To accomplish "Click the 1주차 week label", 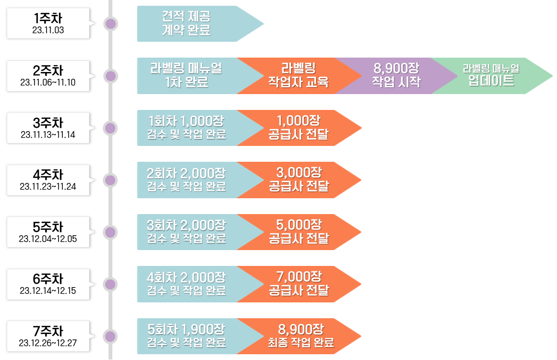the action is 48,18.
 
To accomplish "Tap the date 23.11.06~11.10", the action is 48,83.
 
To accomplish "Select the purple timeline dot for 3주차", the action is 111,128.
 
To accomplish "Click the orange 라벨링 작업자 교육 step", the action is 298,75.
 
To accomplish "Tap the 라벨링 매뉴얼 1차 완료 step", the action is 186,75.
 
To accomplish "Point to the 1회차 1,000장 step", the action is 186,128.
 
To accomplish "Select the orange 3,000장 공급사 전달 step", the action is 299,180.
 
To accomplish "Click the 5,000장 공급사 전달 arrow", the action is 299,232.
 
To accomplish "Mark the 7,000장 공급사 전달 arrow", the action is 299,284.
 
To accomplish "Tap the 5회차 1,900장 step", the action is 186,336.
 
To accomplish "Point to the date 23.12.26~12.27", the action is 48,343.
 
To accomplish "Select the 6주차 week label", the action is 48,279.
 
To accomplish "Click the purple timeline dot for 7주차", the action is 111,336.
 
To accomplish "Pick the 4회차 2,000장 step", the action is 186,284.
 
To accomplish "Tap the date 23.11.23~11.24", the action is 48,187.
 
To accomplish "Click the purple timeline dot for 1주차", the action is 111,24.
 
